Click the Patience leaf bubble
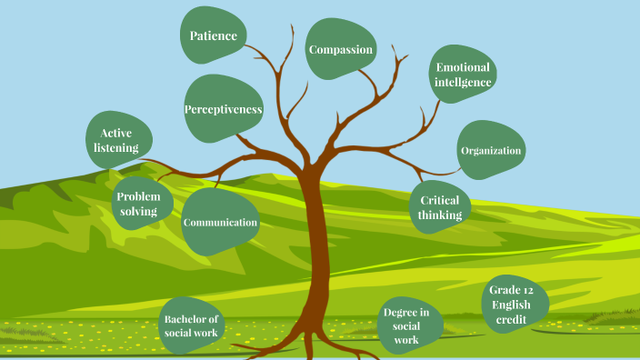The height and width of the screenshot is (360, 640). pyautogui.click(x=214, y=36)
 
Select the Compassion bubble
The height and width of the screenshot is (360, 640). pyautogui.click(x=341, y=50)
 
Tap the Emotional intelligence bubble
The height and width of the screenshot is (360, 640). pyautogui.click(x=463, y=75)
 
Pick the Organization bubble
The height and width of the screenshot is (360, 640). pyautogui.click(x=491, y=150)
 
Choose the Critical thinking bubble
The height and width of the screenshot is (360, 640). pyautogui.click(x=440, y=208)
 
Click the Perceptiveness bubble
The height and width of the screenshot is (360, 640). pyautogui.click(x=224, y=109)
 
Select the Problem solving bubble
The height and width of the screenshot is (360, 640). pyautogui.click(x=138, y=204)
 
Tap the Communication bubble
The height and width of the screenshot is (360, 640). pyautogui.click(x=220, y=222)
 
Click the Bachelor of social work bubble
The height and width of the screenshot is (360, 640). pyautogui.click(x=192, y=326)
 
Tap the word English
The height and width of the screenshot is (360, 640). pyautogui.click(x=511, y=305)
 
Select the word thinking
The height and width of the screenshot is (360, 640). pyautogui.click(x=440, y=215)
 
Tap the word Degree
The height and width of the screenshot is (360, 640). pyautogui.click(x=400, y=313)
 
